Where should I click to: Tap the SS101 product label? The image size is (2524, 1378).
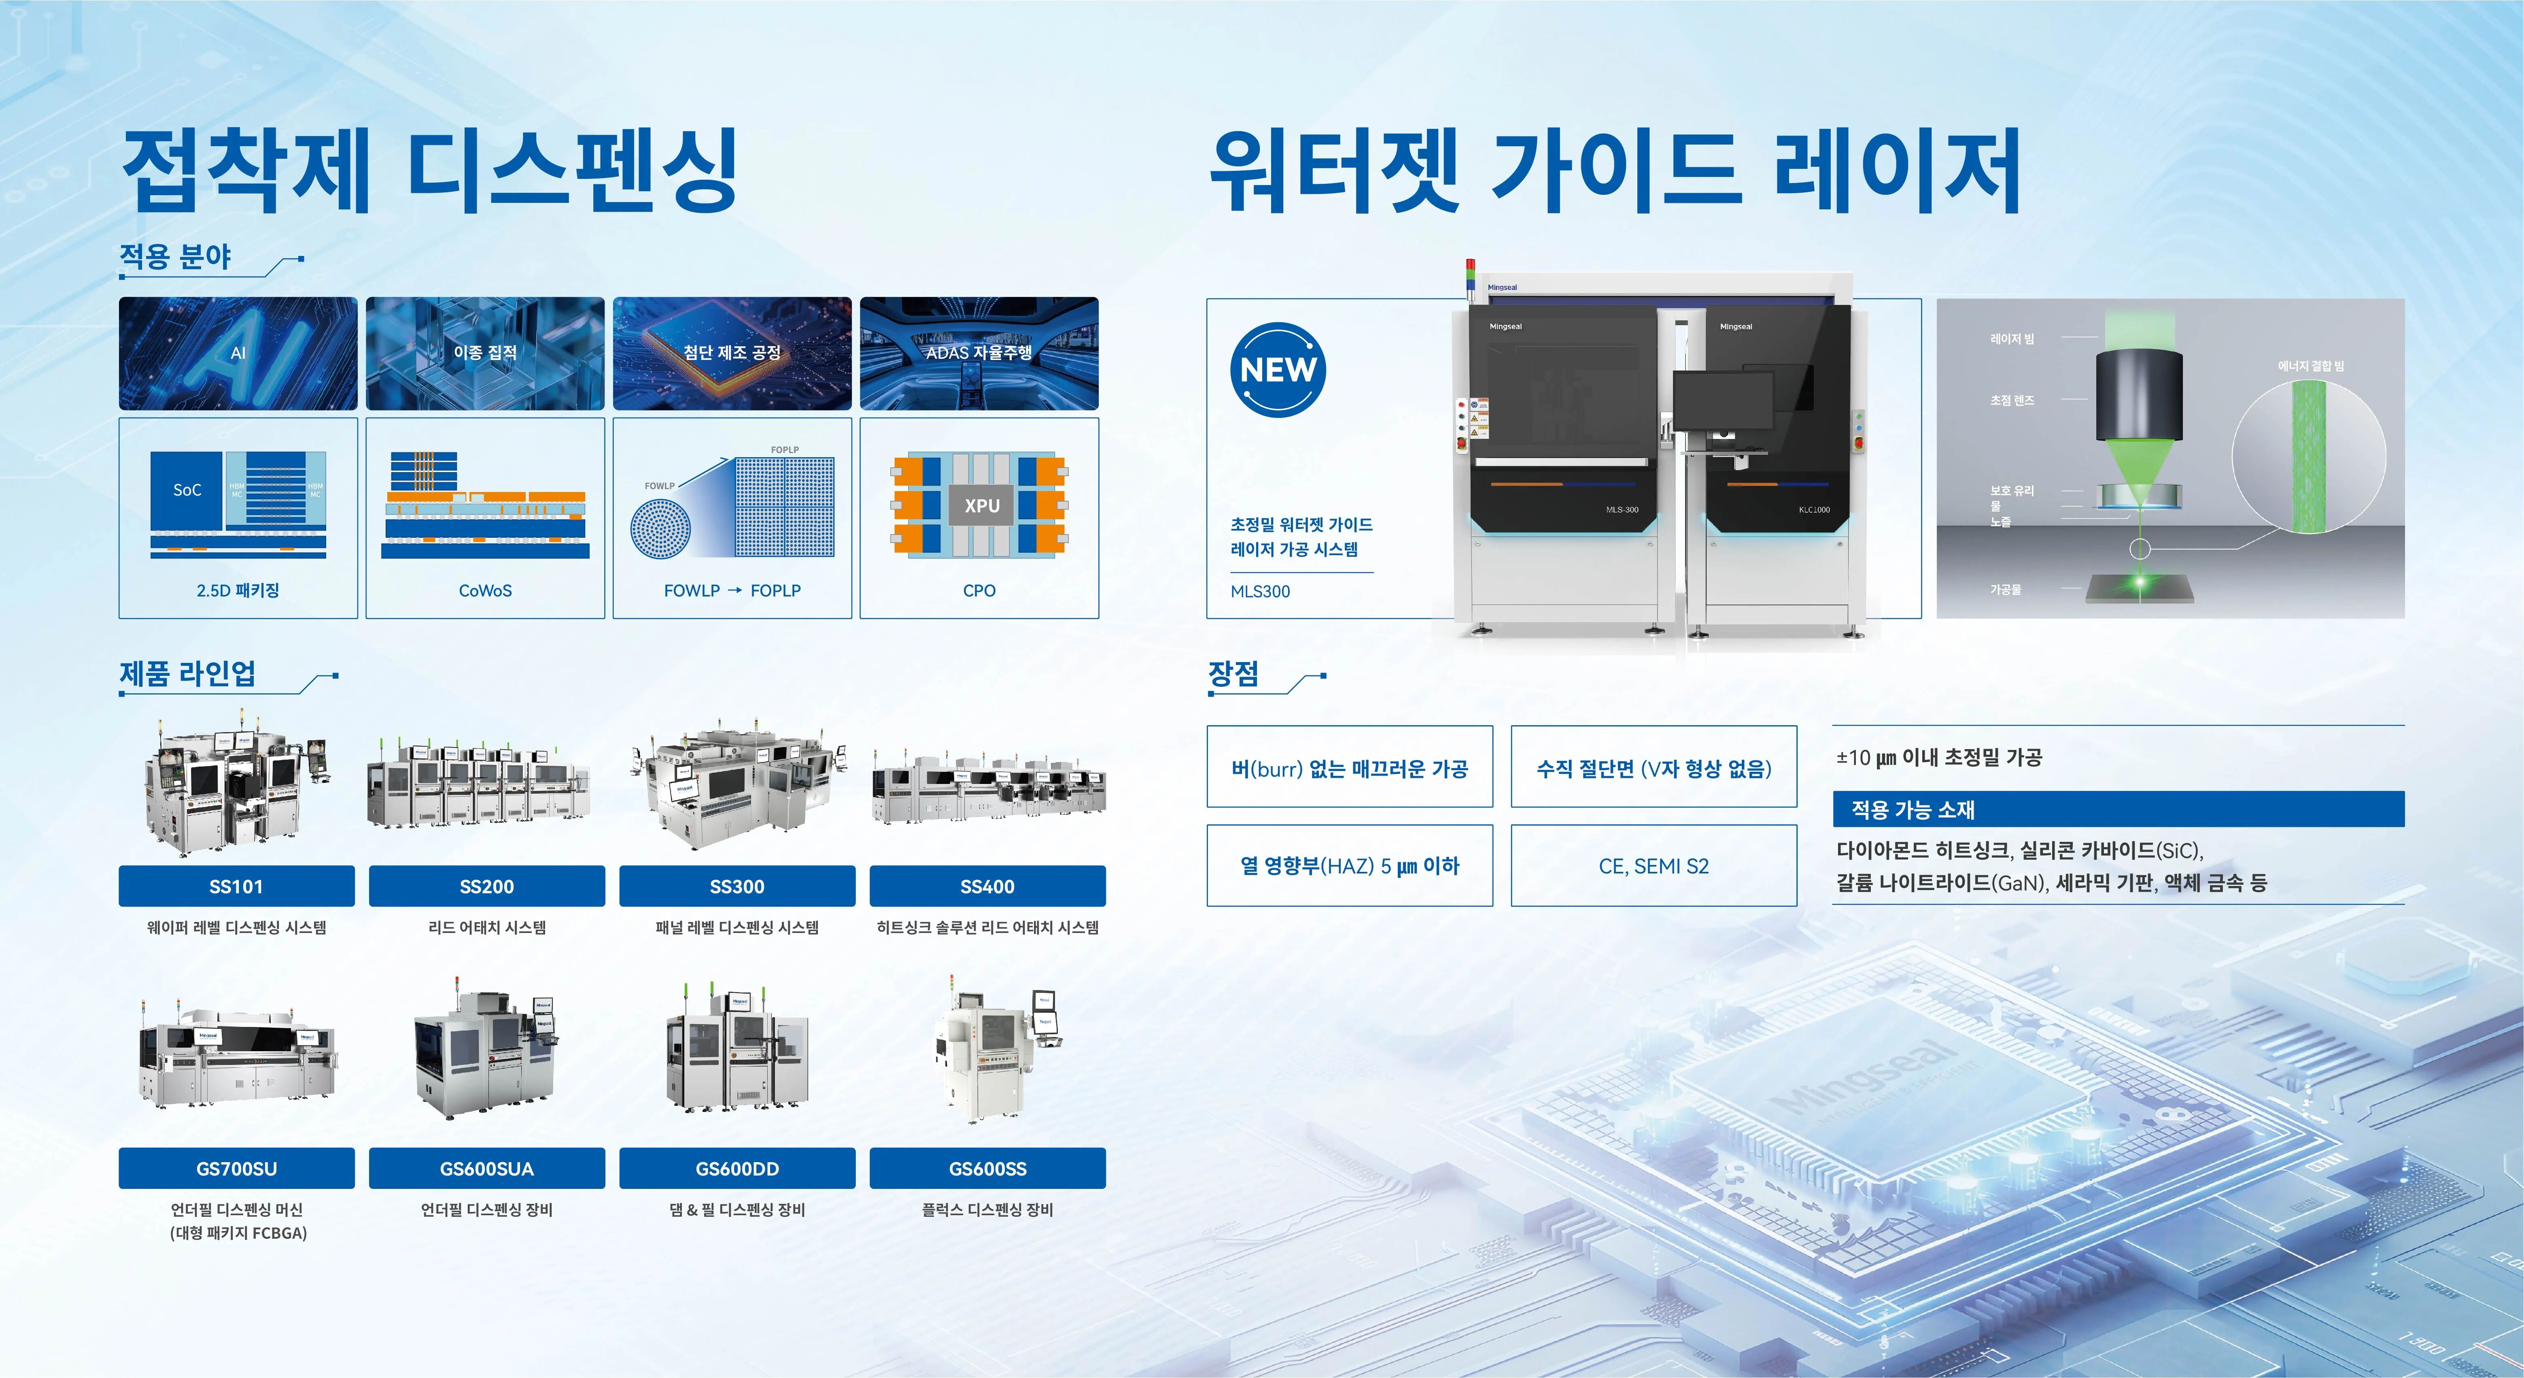236,886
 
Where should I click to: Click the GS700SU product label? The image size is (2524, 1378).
236,1168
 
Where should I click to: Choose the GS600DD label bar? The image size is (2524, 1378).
737,1168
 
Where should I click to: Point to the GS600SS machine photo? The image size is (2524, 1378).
991,1054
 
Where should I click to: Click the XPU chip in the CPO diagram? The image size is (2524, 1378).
982,506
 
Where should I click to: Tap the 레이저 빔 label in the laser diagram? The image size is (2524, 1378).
2012,339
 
